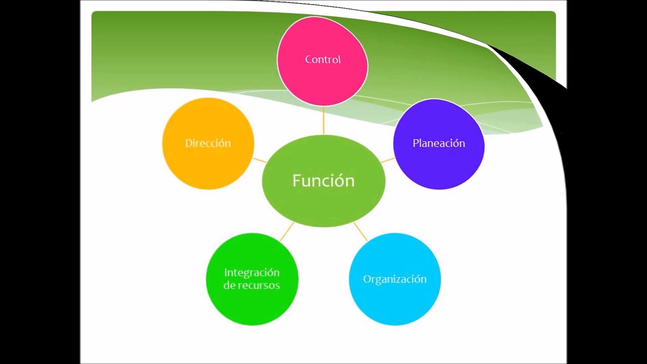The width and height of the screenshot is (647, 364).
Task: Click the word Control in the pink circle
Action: tap(322, 60)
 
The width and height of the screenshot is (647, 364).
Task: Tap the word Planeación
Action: tap(439, 144)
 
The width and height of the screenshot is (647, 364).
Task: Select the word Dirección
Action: tap(208, 144)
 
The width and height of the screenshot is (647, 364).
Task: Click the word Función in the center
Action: tap(323, 181)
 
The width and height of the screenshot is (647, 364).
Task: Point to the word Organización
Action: tap(395, 279)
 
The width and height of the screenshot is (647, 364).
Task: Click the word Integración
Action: tap(252, 272)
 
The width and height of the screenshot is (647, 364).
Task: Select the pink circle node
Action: tap(322, 81)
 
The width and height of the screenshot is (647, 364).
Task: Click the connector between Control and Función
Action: tap(323, 120)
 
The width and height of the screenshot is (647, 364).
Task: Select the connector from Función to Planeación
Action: tap(388, 160)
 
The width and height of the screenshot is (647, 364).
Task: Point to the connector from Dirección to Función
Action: tap(260, 160)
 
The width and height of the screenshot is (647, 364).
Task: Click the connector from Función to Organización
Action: tap(360, 231)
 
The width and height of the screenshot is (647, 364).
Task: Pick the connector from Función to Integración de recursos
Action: tap(287, 231)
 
